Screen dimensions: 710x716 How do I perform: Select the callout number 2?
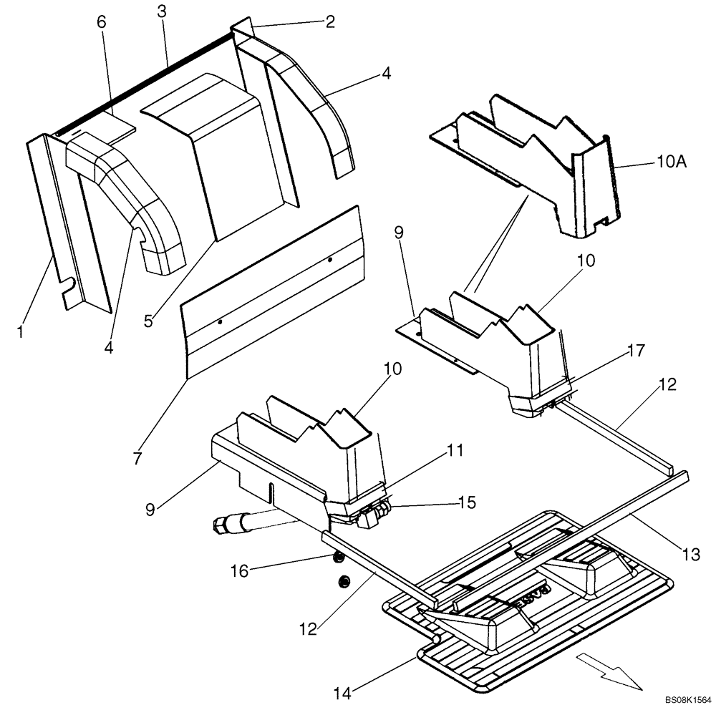click(x=329, y=21)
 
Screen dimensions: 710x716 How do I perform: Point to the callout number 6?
click(x=101, y=22)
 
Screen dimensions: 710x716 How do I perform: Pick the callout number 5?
click(x=148, y=321)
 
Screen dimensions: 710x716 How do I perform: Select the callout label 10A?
click(x=672, y=162)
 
